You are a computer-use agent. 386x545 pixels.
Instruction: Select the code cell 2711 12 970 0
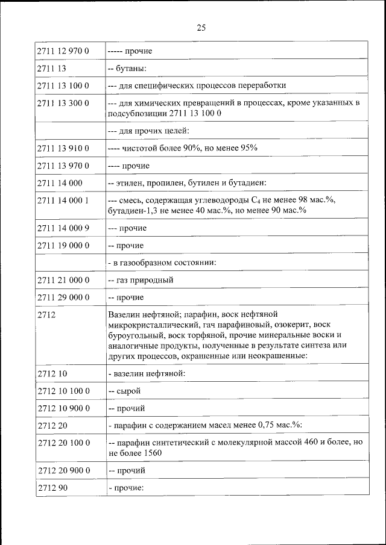63,51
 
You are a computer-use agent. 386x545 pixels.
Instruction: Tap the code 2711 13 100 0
63,86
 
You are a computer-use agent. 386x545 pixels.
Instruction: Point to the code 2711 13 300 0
63,104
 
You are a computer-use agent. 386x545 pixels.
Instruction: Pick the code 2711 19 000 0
63,246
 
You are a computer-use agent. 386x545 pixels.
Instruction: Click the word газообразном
148,263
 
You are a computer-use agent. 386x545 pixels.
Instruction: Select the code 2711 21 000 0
63,281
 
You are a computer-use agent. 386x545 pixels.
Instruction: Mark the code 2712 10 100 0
63,391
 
